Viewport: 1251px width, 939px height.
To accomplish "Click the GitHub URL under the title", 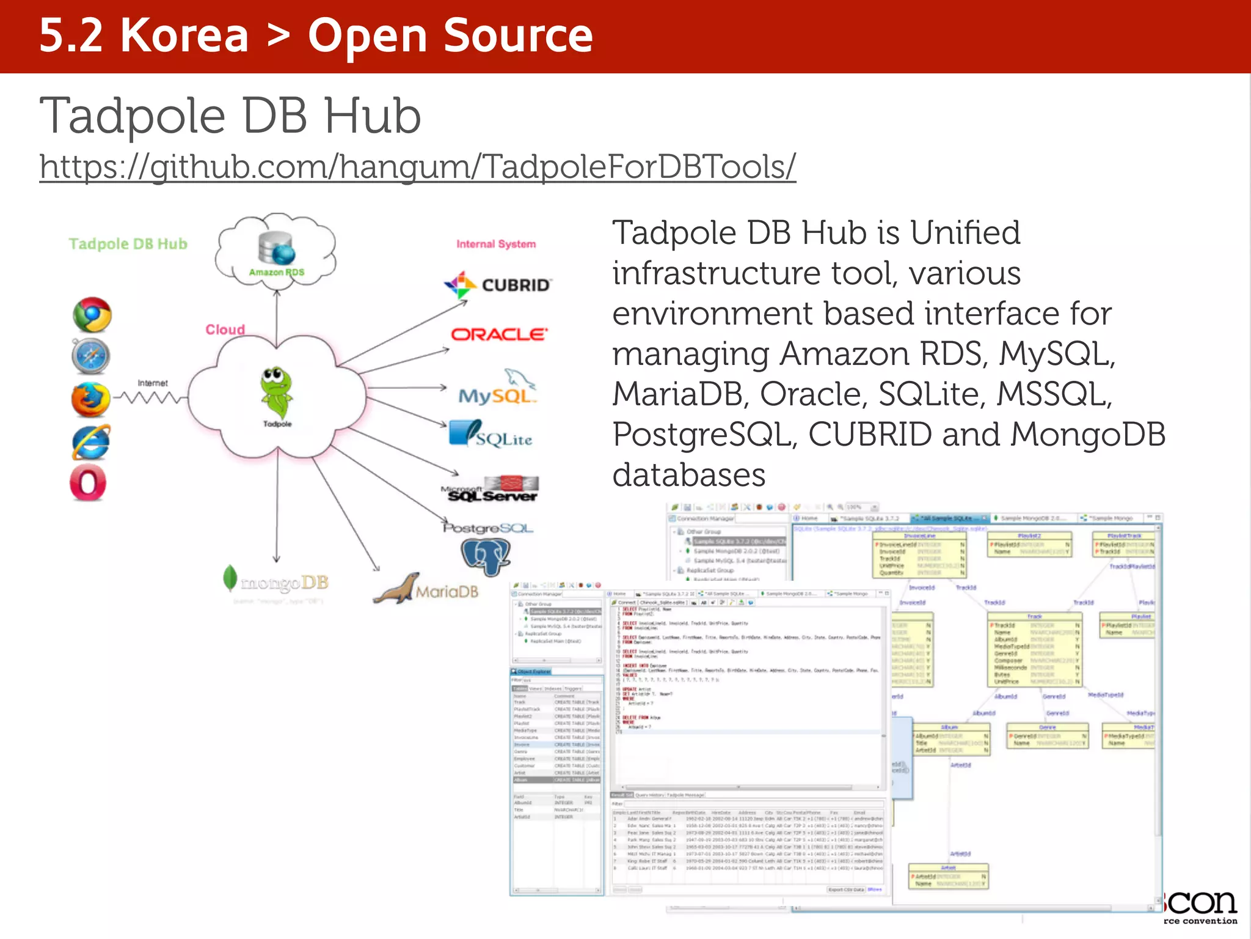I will (x=417, y=166).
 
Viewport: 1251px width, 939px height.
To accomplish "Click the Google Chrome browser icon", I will (x=92, y=315).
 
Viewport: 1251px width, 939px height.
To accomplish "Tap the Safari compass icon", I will (x=91, y=356).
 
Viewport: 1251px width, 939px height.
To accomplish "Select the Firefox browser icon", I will (x=90, y=400).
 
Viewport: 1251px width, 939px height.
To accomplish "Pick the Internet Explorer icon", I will (x=91, y=442).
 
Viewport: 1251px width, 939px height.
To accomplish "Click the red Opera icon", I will (x=89, y=483).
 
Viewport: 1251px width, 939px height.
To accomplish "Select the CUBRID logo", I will (x=498, y=285).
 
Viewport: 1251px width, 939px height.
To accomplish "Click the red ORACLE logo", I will (x=498, y=334).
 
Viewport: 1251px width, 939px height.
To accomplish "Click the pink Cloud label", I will (x=225, y=330).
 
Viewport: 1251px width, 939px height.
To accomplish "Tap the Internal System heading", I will (x=496, y=244).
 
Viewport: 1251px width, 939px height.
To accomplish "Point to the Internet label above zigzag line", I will (x=153, y=383).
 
